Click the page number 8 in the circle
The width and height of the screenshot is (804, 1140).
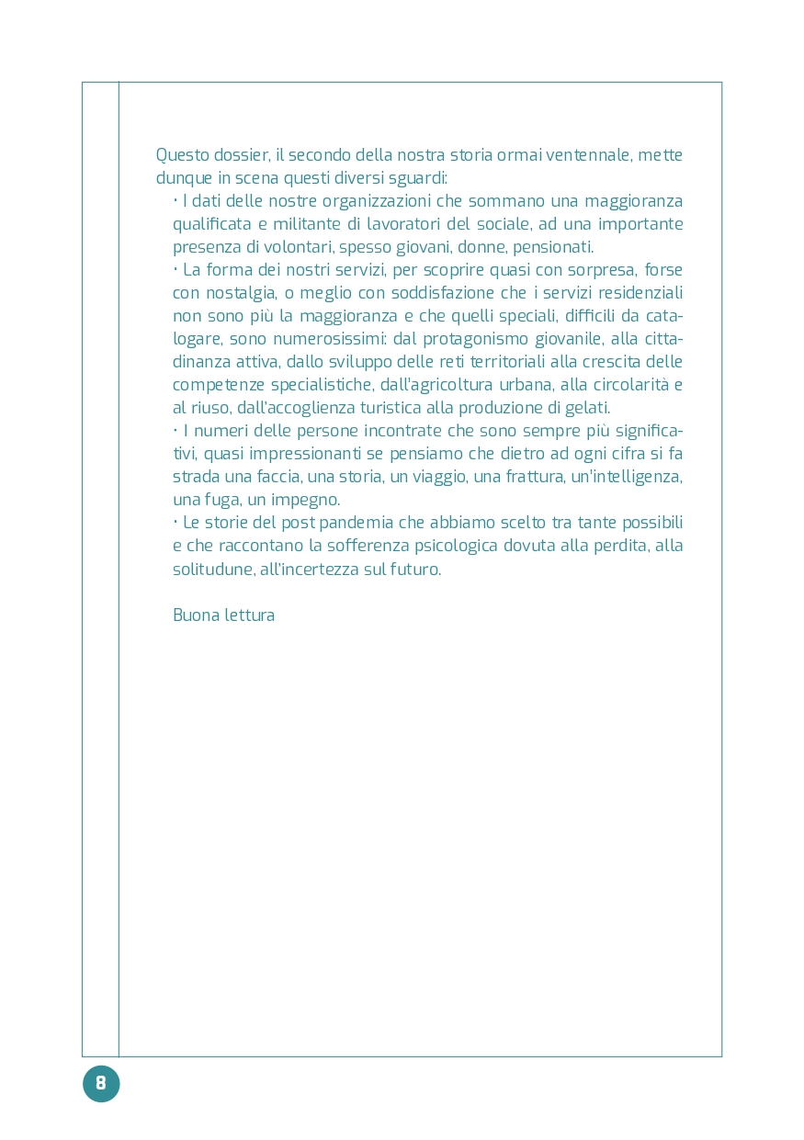(x=101, y=1083)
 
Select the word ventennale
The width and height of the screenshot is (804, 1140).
(x=587, y=155)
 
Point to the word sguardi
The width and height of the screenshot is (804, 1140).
(x=417, y=178)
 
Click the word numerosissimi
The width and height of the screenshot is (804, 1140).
(x=330, y=339)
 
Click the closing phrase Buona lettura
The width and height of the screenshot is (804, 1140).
(x=223, y=615)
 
